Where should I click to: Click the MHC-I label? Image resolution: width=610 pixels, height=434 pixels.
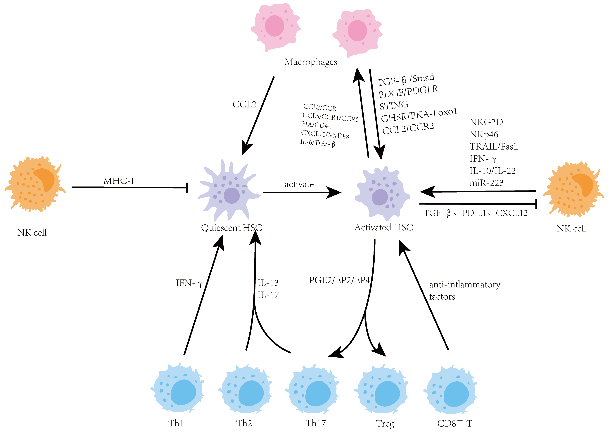coord(119,181)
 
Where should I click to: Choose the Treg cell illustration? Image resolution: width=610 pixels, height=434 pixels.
coord(381,389)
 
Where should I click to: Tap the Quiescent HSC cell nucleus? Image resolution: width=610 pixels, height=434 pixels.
coord(231,195)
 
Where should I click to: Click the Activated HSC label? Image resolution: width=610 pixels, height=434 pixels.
coord(384,227)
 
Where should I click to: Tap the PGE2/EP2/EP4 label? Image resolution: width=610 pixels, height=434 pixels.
coord(339,280)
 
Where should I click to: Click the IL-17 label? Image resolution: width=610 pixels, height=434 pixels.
coord(268,295)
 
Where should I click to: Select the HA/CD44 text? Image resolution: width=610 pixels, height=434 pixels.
coord(316,125)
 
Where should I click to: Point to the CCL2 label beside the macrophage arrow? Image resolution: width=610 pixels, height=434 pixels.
coord(244,104)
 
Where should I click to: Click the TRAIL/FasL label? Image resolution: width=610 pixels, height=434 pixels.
coord(494,146)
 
